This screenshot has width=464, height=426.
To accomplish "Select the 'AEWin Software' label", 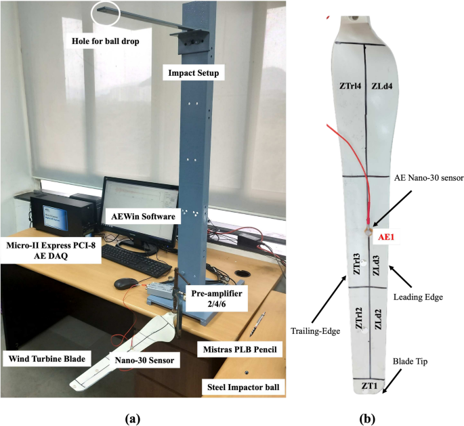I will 143,216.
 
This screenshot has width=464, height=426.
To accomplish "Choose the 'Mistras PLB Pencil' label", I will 242,350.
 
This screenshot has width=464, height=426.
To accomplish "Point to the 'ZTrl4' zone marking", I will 350,86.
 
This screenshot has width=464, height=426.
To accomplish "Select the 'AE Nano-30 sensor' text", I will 429,177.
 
